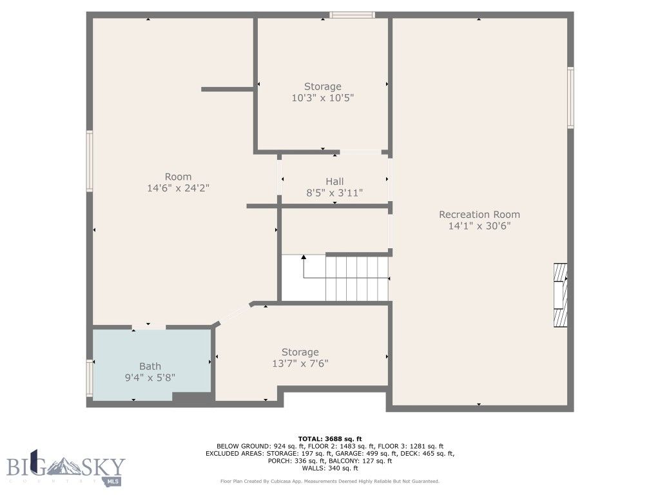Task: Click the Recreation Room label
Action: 479,215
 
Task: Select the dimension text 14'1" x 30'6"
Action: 479,226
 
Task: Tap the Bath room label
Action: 150,366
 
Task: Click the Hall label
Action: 334,181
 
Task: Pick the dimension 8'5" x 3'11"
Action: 334,193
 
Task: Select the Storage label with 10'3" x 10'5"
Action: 322,86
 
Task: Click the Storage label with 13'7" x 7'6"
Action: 300,352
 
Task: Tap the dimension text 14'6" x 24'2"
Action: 178,188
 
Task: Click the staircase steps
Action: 357,278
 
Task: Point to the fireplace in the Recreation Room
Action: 561,295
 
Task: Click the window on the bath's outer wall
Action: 90,377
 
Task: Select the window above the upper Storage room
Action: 352,15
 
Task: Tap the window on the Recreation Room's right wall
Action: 570,98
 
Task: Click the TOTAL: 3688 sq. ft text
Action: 329,438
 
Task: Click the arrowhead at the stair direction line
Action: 304,257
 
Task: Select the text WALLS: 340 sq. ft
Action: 329,469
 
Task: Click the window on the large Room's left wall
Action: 90,161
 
